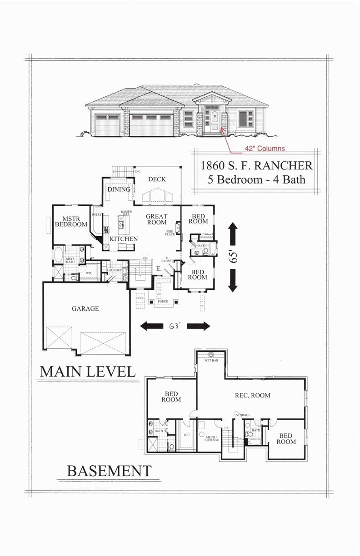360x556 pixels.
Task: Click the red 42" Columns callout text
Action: (x=265, y=148)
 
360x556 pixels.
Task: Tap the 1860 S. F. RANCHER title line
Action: (x=256, y=165)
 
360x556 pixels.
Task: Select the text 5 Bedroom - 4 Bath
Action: (x=256, y=179)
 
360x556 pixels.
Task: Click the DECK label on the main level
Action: (x=157, y=179)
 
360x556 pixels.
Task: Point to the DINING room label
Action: (x=119, y=189)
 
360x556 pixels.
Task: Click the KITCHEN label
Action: (x=123, y=238)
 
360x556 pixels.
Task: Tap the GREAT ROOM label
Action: (x=157, y=220)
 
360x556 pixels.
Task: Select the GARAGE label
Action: (x=85, y=308)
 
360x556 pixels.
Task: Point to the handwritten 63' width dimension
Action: (x=175, y=326)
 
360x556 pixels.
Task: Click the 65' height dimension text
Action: (x=234, y=257)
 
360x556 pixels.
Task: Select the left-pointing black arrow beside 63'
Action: (x=151, y=326)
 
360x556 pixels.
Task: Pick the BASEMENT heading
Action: (x=109, y=471)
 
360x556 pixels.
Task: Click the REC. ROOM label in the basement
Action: (x=252, y=395)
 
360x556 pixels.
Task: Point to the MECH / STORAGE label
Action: (x=211, y=438)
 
